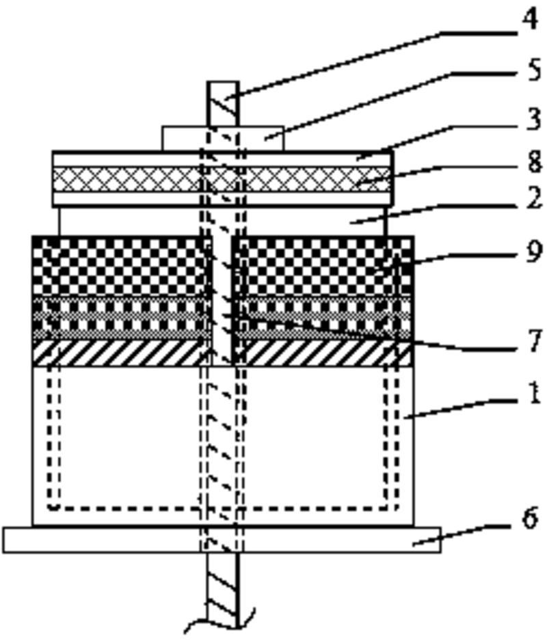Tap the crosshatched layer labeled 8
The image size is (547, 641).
(x=123, y=179)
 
